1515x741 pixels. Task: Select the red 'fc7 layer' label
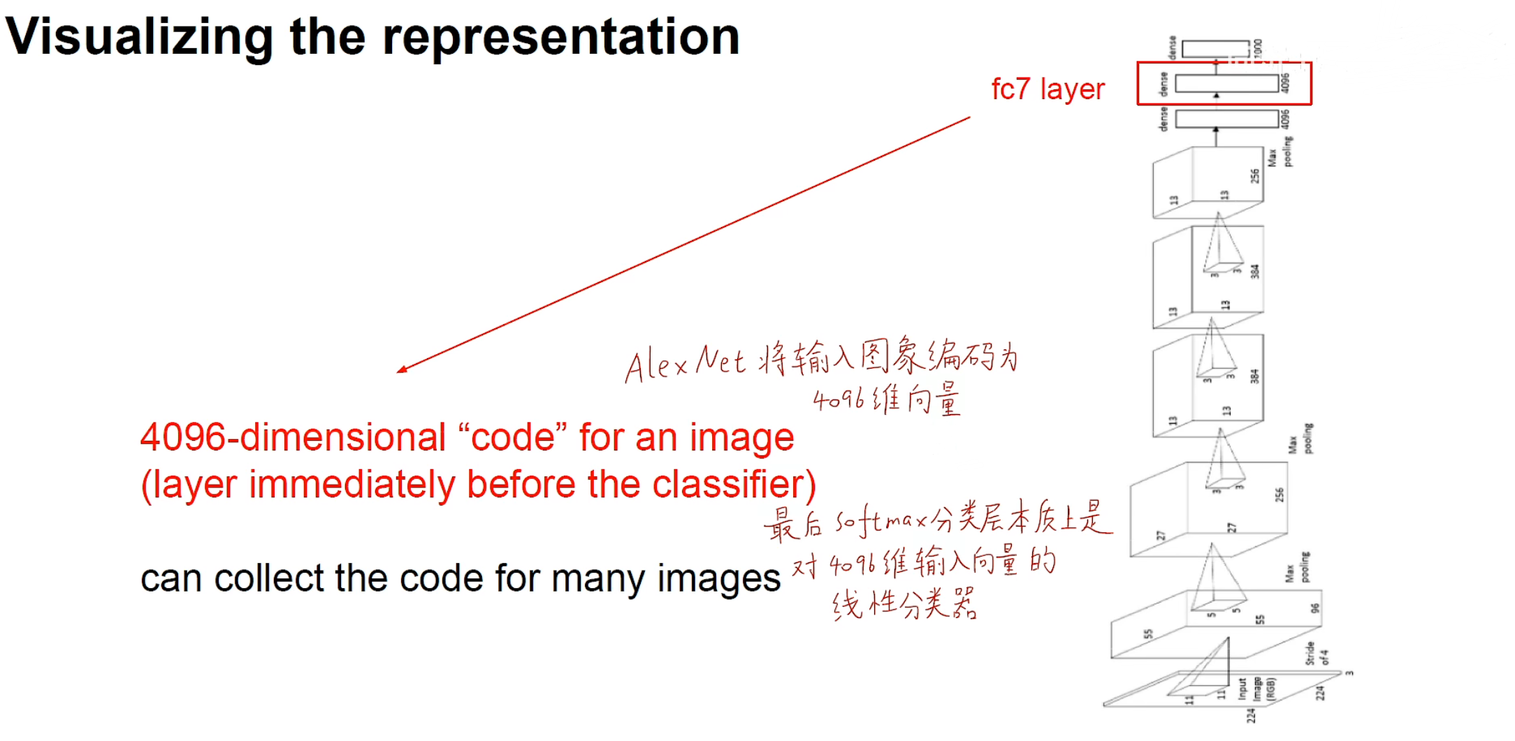(x=1048, y=89)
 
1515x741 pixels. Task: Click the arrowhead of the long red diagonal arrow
(x=401, y=369)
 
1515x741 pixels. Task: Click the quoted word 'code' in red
(x=512, y=438)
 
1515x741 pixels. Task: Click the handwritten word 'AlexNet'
(x=685, y=363)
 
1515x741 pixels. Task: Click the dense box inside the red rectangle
(x=1226, y=84)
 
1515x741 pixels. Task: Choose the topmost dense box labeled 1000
(x=1215, y=48)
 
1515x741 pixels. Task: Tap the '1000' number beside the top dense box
(x=1258, y=48)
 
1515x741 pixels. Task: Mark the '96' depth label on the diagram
(x=1314, y=608)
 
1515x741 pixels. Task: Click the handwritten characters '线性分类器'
(x=904, y=604)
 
